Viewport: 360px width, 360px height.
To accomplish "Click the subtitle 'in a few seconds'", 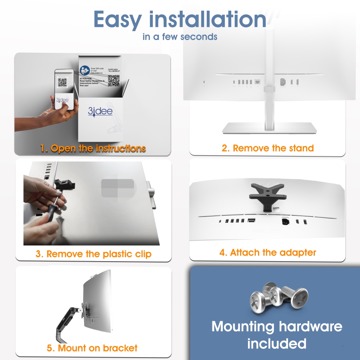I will pos(180,37).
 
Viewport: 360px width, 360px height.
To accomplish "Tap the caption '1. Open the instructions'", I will pos(93,148).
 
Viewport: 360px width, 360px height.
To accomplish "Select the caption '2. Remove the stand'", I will pos(268,148).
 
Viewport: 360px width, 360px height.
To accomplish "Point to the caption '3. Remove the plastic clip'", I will pos(93,254).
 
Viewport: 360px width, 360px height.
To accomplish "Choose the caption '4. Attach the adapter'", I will pos(268,252).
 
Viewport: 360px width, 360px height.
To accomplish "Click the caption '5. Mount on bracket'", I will pos(92,348).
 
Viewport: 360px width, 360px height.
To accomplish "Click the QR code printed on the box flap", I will pos(114,80).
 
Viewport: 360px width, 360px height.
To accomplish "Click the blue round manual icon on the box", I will pos(84,70).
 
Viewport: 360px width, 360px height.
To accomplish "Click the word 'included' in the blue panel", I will pos(276,343).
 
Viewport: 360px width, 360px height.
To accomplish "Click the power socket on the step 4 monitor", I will pos(286,221).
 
